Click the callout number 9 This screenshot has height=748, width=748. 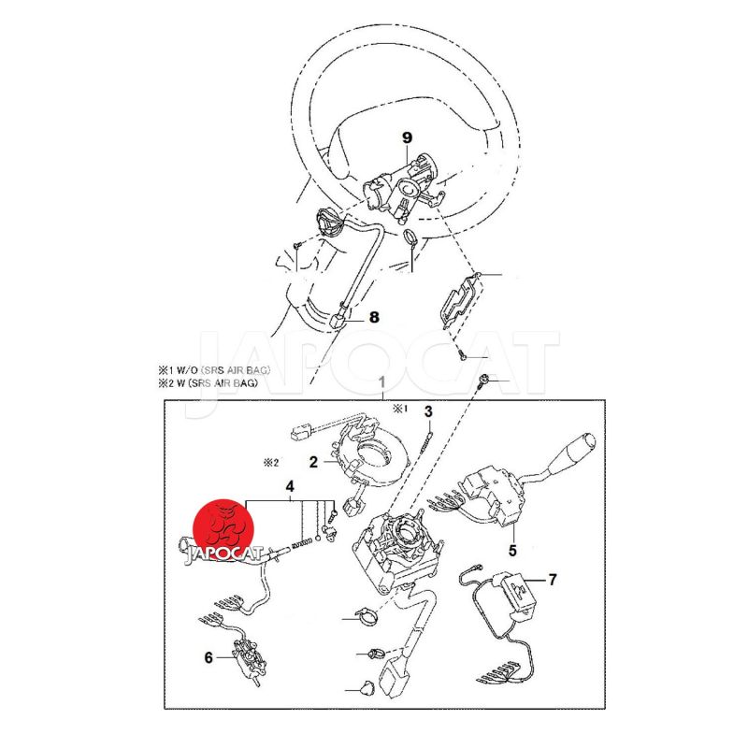tap(407, 138)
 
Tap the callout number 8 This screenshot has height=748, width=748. tap(374, 317)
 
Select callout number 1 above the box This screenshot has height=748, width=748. tap(381, 381)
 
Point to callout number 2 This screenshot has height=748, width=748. tap(313, 462)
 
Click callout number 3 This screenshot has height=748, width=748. tap(428, 410)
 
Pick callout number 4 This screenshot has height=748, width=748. tap(290, 486)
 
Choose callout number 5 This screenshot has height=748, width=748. tap(512, 551)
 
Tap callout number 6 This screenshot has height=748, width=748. tap(209, 657)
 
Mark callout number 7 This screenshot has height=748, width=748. tap(553, 580)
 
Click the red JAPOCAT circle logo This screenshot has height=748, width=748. tap(223, 529)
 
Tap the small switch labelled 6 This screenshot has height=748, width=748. tap(248, 658)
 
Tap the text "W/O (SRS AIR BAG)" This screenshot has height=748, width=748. tap(223, 370)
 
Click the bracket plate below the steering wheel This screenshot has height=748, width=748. tap(459, 298)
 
